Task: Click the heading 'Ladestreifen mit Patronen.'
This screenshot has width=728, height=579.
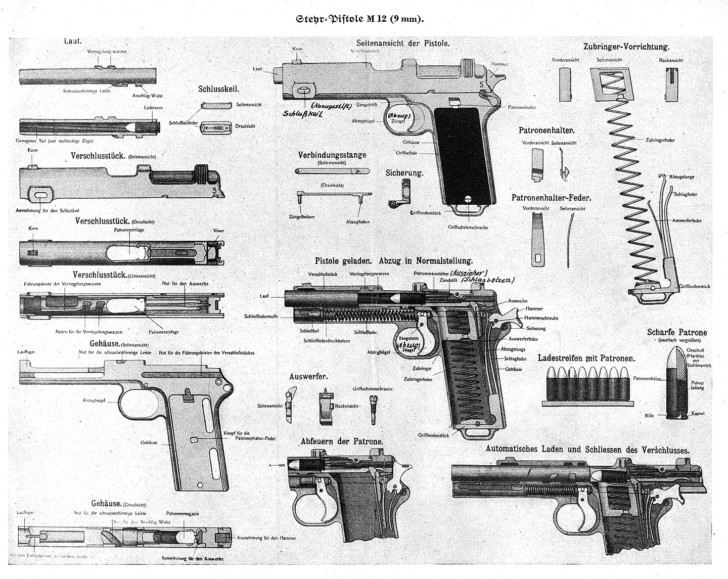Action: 586,358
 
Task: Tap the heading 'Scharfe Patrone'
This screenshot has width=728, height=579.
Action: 677,332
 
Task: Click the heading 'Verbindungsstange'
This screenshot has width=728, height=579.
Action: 332,155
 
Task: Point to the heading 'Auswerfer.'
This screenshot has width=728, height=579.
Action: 308,377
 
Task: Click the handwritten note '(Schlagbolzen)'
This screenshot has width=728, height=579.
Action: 491,280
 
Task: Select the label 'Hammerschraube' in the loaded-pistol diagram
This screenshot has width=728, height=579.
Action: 541,318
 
